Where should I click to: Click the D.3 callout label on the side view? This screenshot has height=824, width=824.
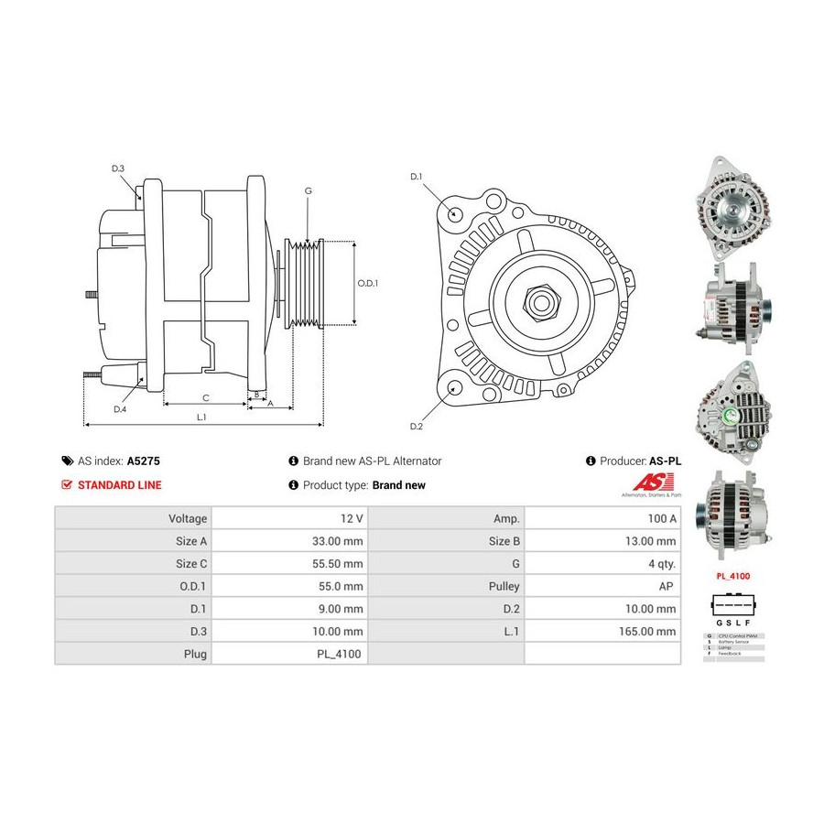(x=118, y=168)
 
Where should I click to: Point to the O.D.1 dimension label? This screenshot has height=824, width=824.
(x=367, y=283)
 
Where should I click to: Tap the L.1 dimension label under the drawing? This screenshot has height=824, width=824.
(x=201, y=417)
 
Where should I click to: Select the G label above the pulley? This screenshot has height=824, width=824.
(x=309, y=190)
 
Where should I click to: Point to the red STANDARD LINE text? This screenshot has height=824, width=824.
(x=119, y=485)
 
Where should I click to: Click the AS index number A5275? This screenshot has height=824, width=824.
(x=144, y=461)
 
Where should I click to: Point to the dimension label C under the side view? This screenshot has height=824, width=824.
(x=205, y=397)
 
